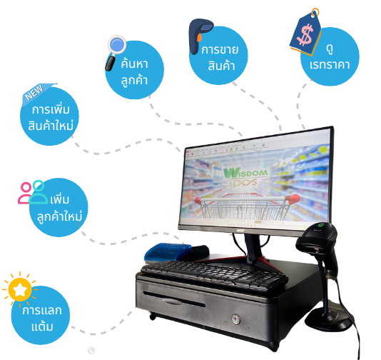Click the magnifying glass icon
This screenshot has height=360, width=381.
[x=116, y=53]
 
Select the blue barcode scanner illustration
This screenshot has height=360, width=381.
[x=200, y=36]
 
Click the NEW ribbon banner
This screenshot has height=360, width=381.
[x=37, y=93]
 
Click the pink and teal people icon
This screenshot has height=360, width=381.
[x=33, y=192]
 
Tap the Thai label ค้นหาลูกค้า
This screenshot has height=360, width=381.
[x=134, y=72]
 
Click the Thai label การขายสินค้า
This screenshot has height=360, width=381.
[x=220, y=58]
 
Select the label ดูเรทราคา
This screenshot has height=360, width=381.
[x=330, y=58]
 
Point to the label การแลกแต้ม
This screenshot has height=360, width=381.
[x=42, y=319]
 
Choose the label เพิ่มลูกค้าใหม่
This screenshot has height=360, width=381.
[x=59, y=208]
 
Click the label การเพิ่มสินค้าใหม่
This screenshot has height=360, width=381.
[x=51, y=117]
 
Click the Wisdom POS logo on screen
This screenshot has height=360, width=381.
[x=244, y=177]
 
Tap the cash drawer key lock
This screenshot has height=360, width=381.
[x=235, y=319]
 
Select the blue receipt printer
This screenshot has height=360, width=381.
[x=168, y=252]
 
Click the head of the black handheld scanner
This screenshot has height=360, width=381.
[x=316, y=239]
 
